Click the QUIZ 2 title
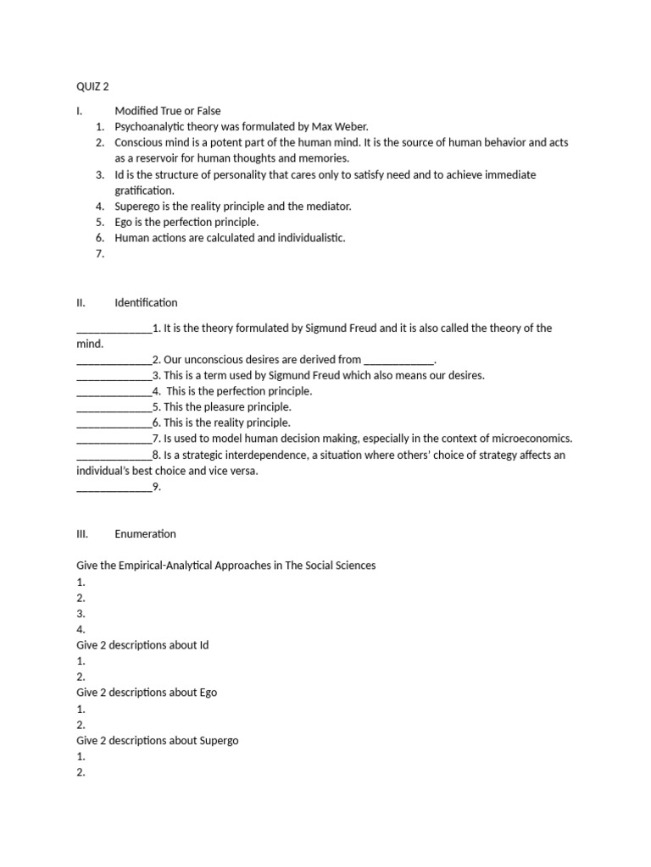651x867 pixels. tap(92, 86)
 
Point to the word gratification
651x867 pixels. tap(144, 191)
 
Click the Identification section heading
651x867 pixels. tap(146, 302)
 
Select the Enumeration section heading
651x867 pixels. tap(145, 534)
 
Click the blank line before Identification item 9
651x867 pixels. tap(114, 488)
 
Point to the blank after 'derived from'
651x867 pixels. tap(398, 360)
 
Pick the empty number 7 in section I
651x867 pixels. tap(100, 254)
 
